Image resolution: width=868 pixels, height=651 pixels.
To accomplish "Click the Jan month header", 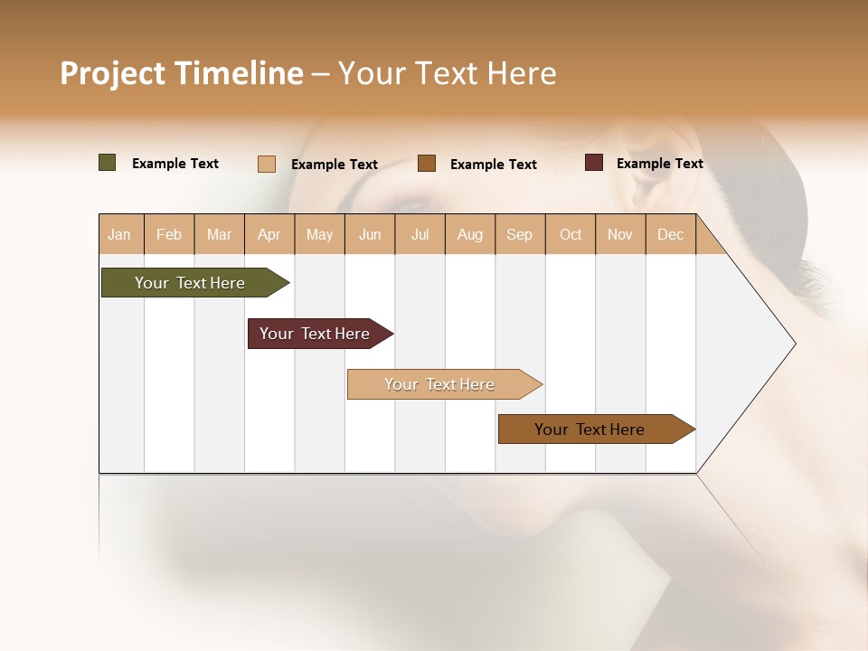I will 120,234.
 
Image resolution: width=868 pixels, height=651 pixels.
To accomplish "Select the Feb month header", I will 169,234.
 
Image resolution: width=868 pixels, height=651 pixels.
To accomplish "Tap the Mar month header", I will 219,234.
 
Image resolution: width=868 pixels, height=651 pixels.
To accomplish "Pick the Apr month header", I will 269,234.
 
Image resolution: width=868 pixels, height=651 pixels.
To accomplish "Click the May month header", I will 319,234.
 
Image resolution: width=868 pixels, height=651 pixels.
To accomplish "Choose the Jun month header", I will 370,234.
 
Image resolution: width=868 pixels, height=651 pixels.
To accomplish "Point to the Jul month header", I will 420,234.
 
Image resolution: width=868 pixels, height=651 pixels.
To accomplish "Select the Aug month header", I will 470,234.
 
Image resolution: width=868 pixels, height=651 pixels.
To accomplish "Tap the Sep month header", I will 520,234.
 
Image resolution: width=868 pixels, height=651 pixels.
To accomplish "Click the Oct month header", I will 571,234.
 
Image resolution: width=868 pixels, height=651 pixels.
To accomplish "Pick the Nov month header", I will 620,234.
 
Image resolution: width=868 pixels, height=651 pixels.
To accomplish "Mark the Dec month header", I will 671,234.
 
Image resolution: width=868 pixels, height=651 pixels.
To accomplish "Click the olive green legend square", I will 108,163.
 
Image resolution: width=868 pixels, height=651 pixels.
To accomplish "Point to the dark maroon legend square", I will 594,163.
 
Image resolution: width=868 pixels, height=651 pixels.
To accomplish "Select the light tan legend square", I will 267,164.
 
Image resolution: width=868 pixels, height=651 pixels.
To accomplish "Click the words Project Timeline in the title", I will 182,73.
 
